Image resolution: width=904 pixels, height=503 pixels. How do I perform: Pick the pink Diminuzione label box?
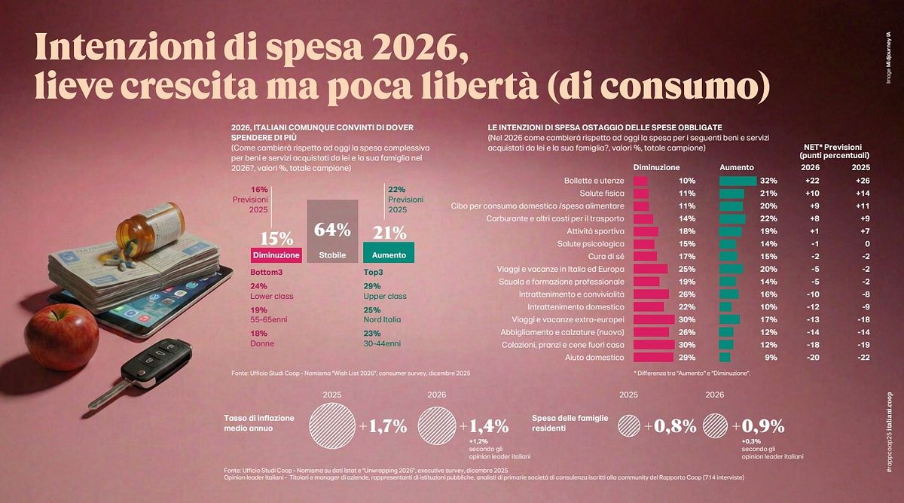(x=276, y=255)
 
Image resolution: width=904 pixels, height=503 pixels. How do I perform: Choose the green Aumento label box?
(x=389, y=255)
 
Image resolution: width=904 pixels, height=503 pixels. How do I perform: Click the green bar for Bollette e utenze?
(x=738, y=181)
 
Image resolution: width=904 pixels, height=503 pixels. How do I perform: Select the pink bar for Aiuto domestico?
(x=653, y=357)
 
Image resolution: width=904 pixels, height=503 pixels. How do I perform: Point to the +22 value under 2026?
(x=809, y=181)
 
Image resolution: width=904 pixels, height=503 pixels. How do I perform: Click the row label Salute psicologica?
(x=591, y=244)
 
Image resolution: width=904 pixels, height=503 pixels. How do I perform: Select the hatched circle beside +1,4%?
(x=438, y=426)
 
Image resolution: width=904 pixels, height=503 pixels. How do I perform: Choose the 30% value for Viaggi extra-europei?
(x=686, y=319)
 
